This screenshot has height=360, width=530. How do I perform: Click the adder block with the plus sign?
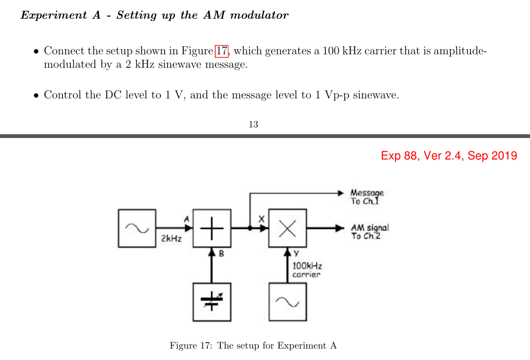click(x=212, y=228)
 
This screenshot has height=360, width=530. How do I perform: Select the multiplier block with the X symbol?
click(x=288, y=228)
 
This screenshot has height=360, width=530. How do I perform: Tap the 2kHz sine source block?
click(x=137, y=228)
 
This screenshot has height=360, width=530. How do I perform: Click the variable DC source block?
click(x=212, y=302)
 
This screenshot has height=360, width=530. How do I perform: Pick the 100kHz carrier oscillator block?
click(x=288, y=302)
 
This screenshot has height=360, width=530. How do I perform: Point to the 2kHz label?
click(x=171, y=239)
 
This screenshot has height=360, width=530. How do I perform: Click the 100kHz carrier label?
click(x=307, y=270)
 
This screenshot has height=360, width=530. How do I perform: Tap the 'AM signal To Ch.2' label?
click(x=369, y=231)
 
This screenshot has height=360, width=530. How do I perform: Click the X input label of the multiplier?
click(x=262, y=219)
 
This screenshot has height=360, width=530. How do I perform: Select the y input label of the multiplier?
click(x=296, y=254)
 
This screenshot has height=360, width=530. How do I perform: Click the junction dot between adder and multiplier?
click(x=250, y=229)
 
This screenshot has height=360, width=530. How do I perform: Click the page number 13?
click(x=253, y=124)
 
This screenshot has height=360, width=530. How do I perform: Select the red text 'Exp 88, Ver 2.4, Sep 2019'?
click(x=449, y=156)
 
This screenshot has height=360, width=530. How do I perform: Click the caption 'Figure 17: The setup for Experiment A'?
click(x=253, y=346)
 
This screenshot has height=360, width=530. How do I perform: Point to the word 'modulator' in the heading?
click(x=263, y=15)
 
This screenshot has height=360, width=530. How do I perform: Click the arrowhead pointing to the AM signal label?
click(x=341, y=228)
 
